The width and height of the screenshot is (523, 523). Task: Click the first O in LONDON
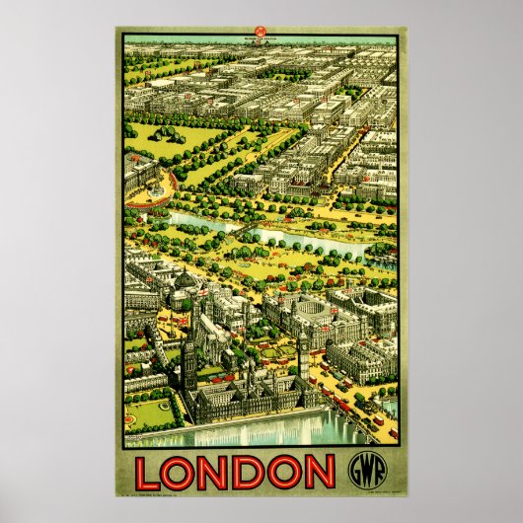pos(185,472)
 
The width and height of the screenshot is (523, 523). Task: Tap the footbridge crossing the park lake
pos(244,232)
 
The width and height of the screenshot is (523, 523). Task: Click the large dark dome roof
pos(185,284)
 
